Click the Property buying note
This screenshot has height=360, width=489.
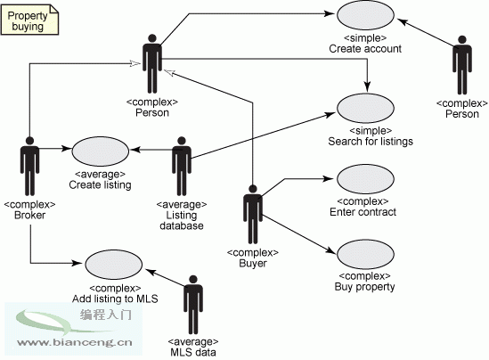pyautogui.click(x=29, y=20)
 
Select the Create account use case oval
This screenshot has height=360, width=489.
pyautogui.click(x=365, y=15)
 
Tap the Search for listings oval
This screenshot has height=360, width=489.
pyautogui.click(x=365, y=108)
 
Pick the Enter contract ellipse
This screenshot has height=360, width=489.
pyautogui.click(x=365, y=179)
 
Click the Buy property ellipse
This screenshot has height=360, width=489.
pyautogui.click(x=365, y=254)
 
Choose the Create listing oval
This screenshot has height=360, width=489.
pyautogui.click(x=101, y=151)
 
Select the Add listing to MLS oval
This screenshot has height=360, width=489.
pyautogui.click(x=114, y=265)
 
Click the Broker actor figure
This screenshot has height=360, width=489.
pyautogui.click(x=29, y=167)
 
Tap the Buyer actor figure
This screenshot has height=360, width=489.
pyautogui.click(x=253, y=215)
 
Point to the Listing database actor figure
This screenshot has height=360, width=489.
pyautogui.click(x=182, y=167)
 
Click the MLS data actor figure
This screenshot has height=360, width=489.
pyautogui.click(x=193, y=305)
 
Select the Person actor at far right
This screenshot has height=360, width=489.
pyautogui.click(x=462, y=65)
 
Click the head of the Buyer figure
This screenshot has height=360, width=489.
pyautogui.click(x=253, y=189)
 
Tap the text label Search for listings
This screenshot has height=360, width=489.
pyautogui.click(x=371, y=142)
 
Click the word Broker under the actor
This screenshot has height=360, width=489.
pyautogui.click(x=29, y=215)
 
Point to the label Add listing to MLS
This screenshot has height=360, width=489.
pyautogui.click(x=115, y=299)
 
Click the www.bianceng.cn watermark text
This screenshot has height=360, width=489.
pyautogui.click(x=75, y=342)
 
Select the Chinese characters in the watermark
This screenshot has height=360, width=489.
pyautogui.click(x=106, y=315)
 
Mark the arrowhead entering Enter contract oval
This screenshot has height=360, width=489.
pyautogui.click(x=329, y=179)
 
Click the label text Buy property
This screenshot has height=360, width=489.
pyautogui.click(x=364, y=287)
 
